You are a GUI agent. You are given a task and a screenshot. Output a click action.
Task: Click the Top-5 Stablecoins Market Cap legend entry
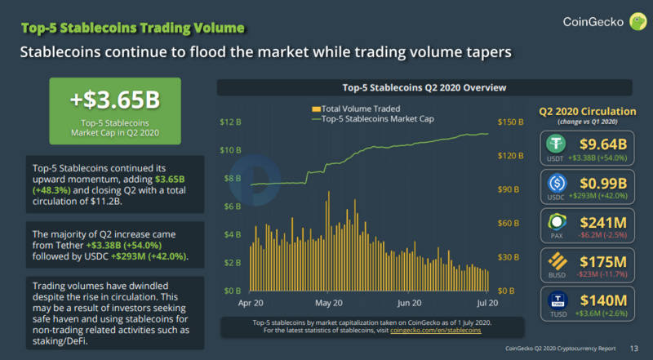(372, 119)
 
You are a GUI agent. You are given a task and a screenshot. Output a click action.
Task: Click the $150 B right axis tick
(512, 122)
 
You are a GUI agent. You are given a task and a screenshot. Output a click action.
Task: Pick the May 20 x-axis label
(327, 303)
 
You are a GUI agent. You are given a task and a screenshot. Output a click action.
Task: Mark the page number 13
(633, 349)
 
